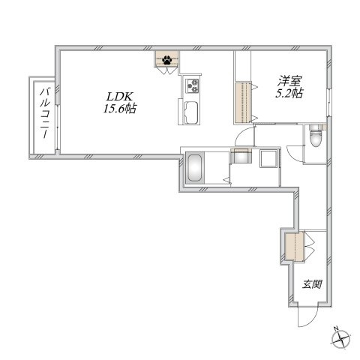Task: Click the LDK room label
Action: tap(121, 97)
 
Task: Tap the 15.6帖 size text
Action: tap(120, 109)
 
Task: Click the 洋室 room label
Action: tap(289, 82)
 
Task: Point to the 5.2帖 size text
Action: tap(289, 93)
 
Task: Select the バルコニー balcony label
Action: tap(46, 113)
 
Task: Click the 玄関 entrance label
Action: tap(312, 284)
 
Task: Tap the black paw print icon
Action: tap(166, 60)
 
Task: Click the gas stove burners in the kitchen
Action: tap(192, 85)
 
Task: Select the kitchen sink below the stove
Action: tap(191, 113)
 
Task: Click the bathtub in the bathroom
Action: tap(194, 168)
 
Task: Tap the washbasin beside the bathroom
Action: tap(241, 156)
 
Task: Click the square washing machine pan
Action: tap(268, 158)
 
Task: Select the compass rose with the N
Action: tap(340, 339)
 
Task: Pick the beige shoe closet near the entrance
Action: tap(295, 247)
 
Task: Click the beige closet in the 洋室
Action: tap(243, 103)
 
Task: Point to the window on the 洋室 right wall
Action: tap(329, 102)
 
